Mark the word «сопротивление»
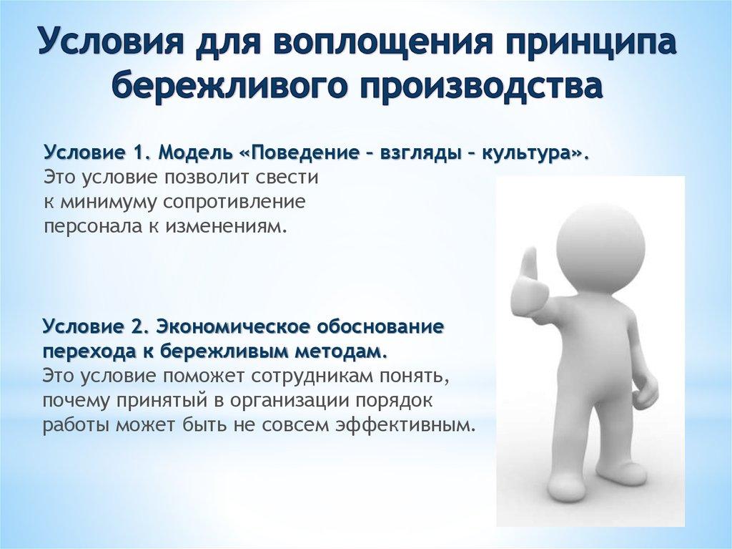(236, 202)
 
